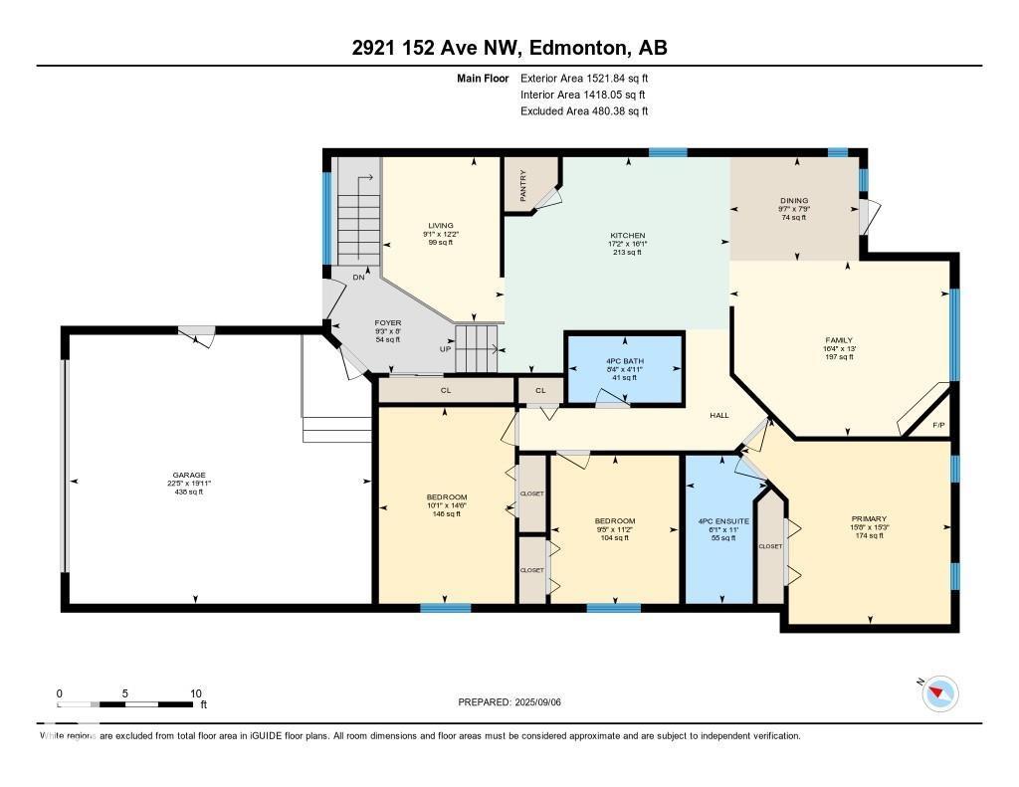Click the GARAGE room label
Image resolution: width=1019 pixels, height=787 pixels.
click(x=188, y=475)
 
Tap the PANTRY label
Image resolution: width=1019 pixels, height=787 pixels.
click(x=522, y=184)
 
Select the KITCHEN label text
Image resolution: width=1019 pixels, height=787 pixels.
click(x=627, y=236)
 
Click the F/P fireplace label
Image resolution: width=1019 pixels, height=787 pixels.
click(x=937, y=425)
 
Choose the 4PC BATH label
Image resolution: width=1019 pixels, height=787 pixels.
click(x=625, y=359)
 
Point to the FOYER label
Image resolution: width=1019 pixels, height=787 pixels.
click(x=387, y=322)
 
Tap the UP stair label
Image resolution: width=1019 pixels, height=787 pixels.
click(x=445, y=349)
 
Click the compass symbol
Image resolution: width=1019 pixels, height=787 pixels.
click(x=939, y=693)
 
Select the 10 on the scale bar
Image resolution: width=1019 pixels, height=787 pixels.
click(x=196, y=693)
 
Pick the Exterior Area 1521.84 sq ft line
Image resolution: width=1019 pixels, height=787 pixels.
click(x=584, y=78)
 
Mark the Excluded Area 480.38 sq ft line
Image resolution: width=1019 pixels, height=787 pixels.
click(x=584, y=111)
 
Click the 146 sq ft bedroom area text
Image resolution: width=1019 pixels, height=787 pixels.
click(x=447, y=513)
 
